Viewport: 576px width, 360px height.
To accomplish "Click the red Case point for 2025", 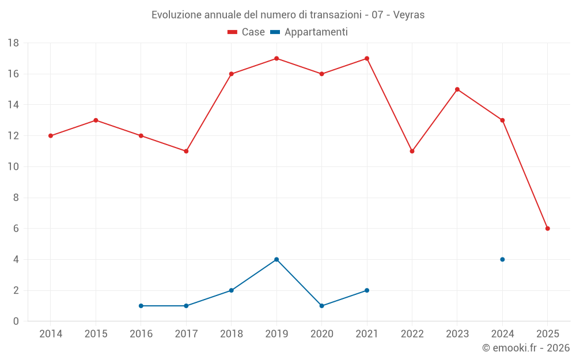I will (x=547, y=229).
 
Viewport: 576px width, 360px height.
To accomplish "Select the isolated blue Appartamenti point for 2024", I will (x=502, y=259).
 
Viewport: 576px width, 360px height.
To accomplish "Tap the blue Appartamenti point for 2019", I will (x=276, y=259).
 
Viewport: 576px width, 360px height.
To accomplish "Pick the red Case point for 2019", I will (x=276, y=58).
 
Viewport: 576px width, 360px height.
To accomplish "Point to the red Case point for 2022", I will (x=412, y=151).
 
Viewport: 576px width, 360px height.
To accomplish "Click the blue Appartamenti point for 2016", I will (x=141, y=306).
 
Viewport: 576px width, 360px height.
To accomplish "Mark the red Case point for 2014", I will (x=51, y=136).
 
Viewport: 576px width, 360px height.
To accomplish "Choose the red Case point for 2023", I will (x=457, y=89).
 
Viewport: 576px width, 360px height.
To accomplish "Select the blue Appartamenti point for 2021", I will (x=367, y=290).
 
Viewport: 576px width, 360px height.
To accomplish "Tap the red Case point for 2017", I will (x=186, y=151).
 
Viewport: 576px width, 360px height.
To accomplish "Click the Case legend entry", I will (x=247, y=32).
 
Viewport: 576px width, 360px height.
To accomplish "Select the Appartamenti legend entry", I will (x=309, y=32).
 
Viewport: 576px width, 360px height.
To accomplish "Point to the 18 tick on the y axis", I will (x=13, y=43).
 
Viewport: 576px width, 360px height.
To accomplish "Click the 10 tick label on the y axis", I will (x=13, y=167).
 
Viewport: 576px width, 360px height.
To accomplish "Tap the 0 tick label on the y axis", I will (x=16, y=321).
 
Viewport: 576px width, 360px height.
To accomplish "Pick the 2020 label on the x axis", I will (x=321, y=334).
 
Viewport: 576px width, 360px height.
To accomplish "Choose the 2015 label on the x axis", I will (x=96, y=334).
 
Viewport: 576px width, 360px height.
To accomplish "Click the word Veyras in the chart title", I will (x=410, y=15).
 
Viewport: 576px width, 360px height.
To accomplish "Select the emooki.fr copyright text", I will (x=526, y=348).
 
